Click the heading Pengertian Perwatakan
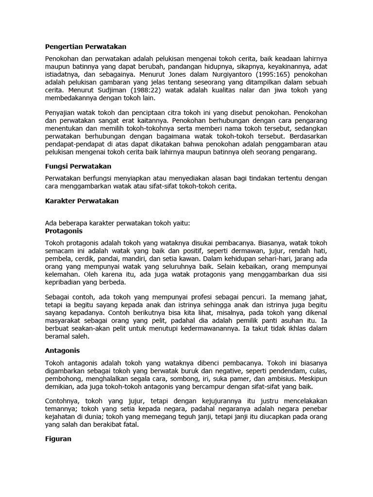tap(85, 47)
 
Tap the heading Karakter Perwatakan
tap(82, 200)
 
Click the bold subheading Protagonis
tap(64, 231)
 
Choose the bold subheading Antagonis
tap(62, 350)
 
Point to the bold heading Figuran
tap(58, 439)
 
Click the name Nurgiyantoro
tap(234, 75)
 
